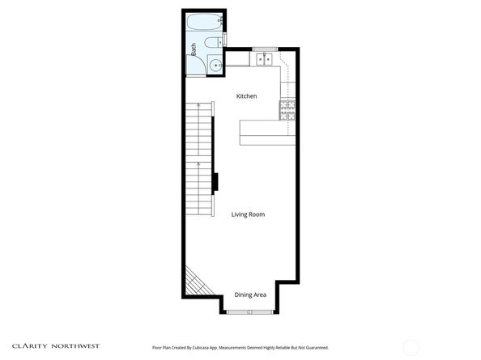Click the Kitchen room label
pos(246,96)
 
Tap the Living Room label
pos(248,214)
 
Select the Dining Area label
pos(250,294)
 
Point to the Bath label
pos(194,49)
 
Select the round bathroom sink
pos(215,66)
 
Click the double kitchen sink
pos(263,58)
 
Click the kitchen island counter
pos(266,132)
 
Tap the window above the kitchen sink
pos(263,50)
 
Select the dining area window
pos(239,311)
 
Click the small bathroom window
pos(225,36)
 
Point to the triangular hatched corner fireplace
pos(194,283)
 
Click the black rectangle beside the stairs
pos(215,183)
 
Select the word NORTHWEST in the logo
pos(78,345)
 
